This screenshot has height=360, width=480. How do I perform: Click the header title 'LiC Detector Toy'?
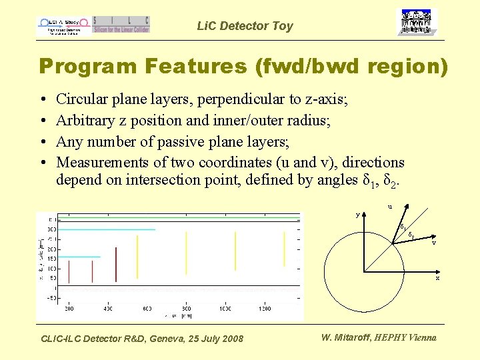pos(245,26)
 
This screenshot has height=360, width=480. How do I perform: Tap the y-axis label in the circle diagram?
pos(357,215)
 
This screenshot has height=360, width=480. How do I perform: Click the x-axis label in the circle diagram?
pos(437,277)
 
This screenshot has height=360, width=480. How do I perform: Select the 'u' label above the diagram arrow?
pos(390,206)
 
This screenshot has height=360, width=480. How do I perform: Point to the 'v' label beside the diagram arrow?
pos(433,242)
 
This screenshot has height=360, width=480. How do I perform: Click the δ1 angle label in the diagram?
pos(403,229)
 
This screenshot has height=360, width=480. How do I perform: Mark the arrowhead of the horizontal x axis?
pos(437,271)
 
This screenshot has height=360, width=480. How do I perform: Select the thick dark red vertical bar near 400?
pos(115,264)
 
